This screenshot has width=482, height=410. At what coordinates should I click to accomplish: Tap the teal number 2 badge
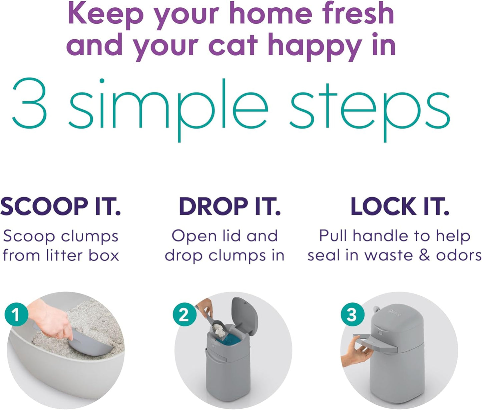coord(184,315)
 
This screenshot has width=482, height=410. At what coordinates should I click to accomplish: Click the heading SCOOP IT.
coord(60,206)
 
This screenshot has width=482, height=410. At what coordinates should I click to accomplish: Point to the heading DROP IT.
coord(230,206)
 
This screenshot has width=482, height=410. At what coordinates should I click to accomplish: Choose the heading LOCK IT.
coord(400,206)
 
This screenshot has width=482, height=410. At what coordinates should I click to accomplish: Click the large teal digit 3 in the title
coord(29,104)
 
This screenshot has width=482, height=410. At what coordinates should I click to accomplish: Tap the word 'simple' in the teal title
coord(168,107)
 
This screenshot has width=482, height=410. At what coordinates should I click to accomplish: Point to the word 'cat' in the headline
coord(233,45)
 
